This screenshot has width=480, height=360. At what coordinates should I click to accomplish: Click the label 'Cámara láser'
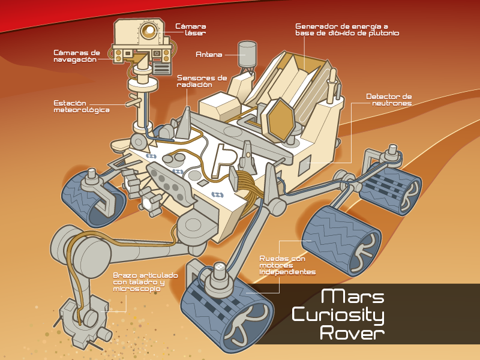point(191,30)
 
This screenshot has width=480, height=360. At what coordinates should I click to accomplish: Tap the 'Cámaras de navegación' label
point(76,56)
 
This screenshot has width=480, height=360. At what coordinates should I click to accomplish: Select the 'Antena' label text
point(209,55)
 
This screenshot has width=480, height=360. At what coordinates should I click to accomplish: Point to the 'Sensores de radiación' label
point(202,82)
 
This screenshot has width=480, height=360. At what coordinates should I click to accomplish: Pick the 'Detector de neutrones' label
point(389,100)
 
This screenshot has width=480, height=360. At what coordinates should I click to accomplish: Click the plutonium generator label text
point(347,30)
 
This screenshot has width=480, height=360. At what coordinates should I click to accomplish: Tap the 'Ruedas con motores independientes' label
point(287,265)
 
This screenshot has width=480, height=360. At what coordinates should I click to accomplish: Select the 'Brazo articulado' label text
point(145,282)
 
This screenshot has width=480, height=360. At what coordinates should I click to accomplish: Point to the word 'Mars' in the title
point(352,296)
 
